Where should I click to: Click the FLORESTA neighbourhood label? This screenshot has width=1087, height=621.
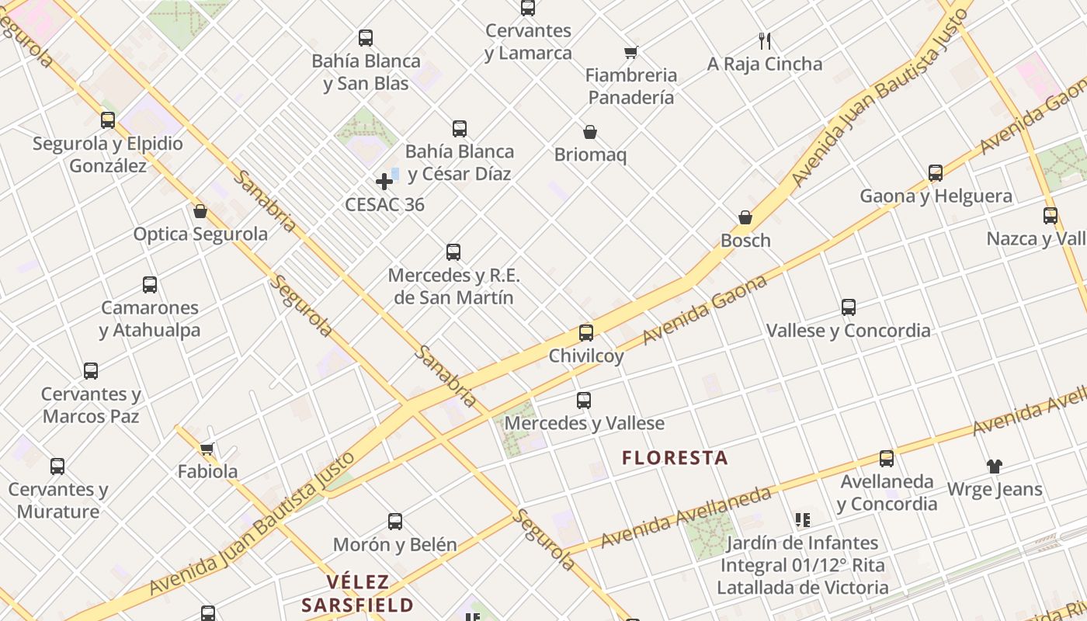tap(675, 458)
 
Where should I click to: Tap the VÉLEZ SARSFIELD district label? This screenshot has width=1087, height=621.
tap(357, 594)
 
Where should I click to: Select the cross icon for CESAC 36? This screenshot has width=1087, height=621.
tap(384, 182)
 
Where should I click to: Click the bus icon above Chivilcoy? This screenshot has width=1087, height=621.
tap(586, 333)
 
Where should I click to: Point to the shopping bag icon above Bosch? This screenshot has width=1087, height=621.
tap(745, 217)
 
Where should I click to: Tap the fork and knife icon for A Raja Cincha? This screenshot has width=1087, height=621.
tap(765, 41)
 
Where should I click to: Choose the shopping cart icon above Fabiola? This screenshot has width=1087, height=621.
tap(207, 449)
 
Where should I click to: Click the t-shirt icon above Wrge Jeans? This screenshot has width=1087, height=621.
tap(995, 466)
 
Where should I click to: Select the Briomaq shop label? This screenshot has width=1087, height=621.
tap(590, 155)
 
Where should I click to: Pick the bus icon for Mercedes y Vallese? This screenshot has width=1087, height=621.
tap(584, 401)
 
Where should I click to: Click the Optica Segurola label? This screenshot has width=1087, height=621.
tap(200, 234)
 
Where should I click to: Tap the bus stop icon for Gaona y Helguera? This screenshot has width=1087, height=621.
tap(936, 173)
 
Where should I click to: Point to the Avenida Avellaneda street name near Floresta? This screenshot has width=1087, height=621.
tap(686, 516)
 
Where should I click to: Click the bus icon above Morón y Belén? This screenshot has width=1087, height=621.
tap(395, 522)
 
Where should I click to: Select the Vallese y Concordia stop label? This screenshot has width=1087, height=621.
tap(848, 331)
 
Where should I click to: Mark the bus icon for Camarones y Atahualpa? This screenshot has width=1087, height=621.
tap(150, 285)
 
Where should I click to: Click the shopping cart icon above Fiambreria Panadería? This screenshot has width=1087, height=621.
tap(631, 53)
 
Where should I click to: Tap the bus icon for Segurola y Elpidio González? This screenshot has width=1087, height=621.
tap(108, 120)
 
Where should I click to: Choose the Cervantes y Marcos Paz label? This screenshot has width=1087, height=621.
tap(91, 405)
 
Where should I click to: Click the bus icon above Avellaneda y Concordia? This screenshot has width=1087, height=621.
tap(887, 459)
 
